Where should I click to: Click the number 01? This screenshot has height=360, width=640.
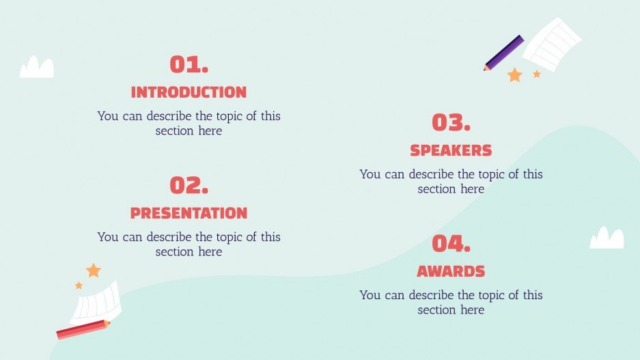[189, 65]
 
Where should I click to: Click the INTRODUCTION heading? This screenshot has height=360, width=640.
[189, 92]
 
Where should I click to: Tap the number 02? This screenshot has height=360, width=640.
[189, 186]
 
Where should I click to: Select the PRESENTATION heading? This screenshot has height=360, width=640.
[189, 213]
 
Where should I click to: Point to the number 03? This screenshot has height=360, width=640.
[451, 123]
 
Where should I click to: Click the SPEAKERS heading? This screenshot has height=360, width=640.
[451, 150]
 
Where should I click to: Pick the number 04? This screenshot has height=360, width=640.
[451, 244]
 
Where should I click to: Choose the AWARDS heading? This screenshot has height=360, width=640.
[451, 271]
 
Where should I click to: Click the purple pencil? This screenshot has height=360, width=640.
[504, 53]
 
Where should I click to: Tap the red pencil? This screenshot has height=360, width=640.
[83, 329]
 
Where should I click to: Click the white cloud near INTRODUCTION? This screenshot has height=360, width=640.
[37, 68]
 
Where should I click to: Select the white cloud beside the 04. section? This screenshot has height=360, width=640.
[607, 238]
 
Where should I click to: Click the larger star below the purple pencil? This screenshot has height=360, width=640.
[514, 75]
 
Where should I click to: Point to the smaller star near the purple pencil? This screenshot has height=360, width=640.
[537, 74]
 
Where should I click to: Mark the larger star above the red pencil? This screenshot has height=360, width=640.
[94, 271]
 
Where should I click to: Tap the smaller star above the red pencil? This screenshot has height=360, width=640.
[79, 285]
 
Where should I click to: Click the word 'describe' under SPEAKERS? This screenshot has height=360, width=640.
[432, 174]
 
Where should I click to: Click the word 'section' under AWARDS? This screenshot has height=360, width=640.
[437, 309]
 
